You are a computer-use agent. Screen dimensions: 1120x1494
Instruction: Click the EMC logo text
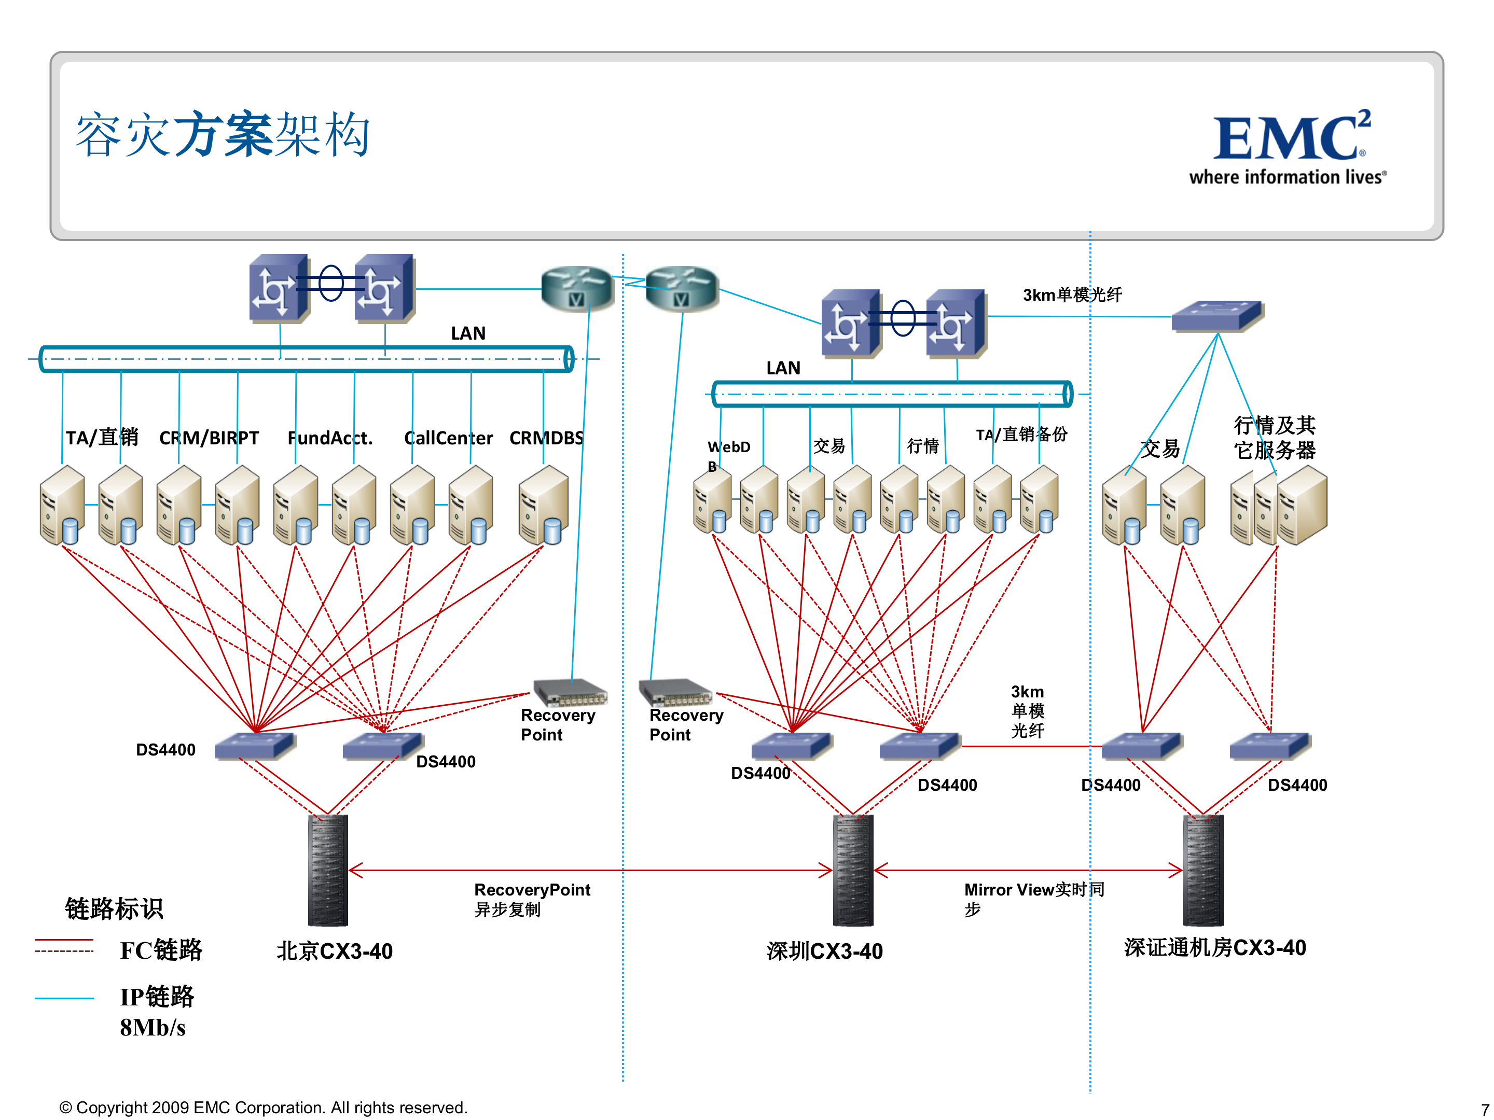1291,138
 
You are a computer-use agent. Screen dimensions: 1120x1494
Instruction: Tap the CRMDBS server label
546,438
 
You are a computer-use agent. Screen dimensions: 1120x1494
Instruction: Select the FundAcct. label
329,438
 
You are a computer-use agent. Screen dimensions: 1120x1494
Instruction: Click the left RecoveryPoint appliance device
570,692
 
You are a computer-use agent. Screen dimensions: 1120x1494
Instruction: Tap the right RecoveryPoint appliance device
675,692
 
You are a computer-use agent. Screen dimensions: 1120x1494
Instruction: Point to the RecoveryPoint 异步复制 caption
532,899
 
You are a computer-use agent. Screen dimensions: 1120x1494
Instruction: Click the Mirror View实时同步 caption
1033,899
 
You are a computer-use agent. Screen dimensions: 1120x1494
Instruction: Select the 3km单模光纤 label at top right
1071,295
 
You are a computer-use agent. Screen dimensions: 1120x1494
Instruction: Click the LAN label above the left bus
468,333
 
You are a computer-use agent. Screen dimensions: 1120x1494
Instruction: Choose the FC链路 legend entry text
161,950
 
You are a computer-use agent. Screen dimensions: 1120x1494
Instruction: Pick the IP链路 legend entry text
157,997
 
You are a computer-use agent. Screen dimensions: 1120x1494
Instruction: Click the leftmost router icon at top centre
577,288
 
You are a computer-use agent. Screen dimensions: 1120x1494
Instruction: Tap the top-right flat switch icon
1216,315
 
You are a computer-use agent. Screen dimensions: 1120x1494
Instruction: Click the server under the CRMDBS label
544,505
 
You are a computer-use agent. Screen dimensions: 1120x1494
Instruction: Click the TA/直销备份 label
1021,435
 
